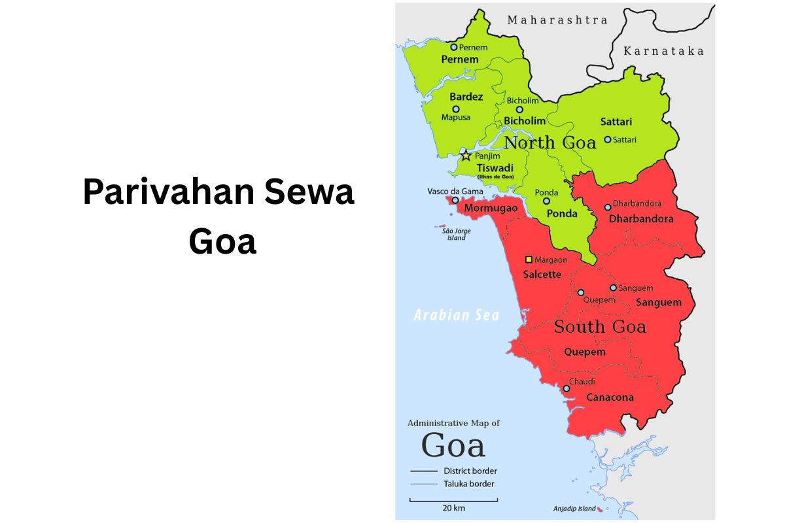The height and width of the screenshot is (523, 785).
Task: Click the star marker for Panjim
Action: tap(466, 156)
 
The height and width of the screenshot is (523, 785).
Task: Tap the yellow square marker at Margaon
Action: tap(529, 260)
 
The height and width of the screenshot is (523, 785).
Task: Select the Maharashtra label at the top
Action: tap(557, 20)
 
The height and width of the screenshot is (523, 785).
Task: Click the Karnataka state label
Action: tap(663, 51)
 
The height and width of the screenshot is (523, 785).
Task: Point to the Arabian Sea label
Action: tap(456, 315)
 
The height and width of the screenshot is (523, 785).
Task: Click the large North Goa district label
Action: tap(550, 143)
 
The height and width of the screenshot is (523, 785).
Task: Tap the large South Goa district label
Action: tap(600, 326)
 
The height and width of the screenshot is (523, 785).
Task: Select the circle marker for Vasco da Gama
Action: tap(455, 200)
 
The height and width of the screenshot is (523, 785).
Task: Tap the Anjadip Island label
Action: tap(573, 509)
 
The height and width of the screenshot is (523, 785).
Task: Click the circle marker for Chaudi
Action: tap(567, 388)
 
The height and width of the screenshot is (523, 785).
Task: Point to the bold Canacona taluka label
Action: tap(610, 397)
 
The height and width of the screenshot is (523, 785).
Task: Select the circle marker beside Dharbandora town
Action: tap(608, 207)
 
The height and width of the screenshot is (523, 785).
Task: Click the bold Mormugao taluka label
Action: tap(491, 209)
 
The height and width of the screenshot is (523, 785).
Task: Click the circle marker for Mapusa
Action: tap(456, 109)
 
